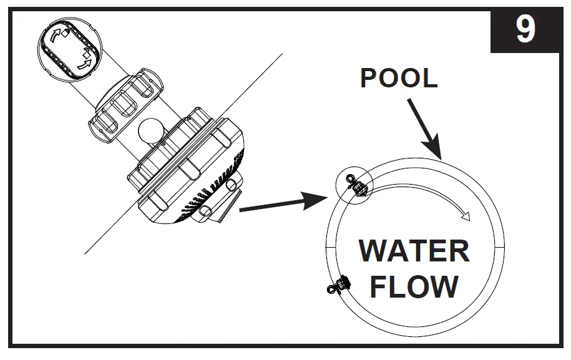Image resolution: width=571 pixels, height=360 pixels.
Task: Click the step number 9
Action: click(x=525, y=29)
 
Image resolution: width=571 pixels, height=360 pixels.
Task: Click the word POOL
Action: click(x=399, y=79)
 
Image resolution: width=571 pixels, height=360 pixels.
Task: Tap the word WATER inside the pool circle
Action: click(x=414, y=251)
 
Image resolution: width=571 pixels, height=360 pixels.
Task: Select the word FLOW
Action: click(x=414, y=286)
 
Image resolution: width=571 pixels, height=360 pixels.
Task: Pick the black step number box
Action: click(x=525, y=30)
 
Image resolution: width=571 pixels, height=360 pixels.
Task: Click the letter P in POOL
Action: click(x=369, y=79)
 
